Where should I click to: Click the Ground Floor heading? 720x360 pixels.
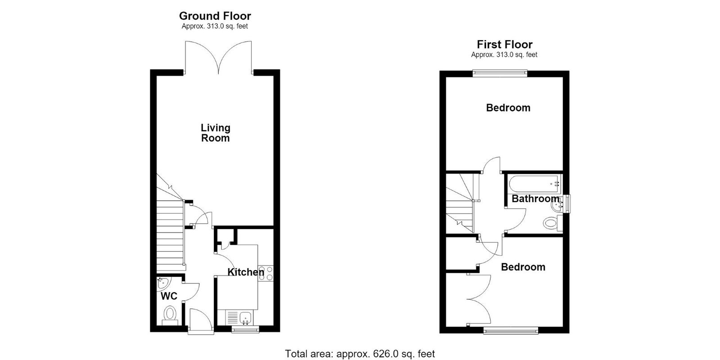click(215, 16)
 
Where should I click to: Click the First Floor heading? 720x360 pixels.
click(504, 44)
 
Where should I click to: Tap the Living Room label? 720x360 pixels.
click(216, 133)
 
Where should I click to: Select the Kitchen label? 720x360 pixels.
click(246, 272)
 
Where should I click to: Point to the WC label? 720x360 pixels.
click(169, 296)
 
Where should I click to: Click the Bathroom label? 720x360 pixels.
click(535, 198)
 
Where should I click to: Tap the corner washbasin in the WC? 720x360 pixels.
click(164, 283)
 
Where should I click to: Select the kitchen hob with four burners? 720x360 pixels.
click(265, 273)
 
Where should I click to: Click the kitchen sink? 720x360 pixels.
click(246, 318)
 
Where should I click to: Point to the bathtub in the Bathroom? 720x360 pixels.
click(535, 184)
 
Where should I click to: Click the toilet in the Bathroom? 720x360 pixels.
click(553, 223)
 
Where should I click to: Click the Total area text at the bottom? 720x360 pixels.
click(360, 354)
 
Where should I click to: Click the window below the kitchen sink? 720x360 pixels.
click(245, 329)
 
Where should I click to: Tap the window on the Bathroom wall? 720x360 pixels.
click(567, 204)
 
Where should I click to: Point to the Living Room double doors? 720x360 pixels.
click(219, 58)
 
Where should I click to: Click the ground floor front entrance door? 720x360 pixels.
click(201, 321)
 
